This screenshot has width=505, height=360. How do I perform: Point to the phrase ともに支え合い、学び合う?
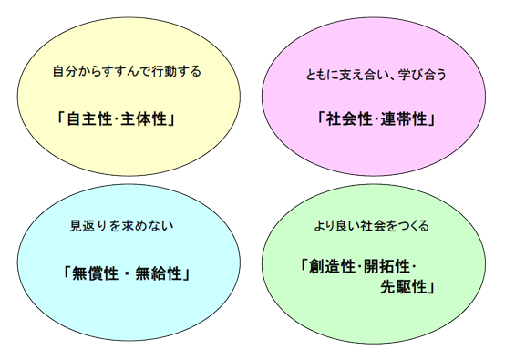click(x=376, y=76)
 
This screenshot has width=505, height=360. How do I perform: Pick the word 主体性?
click(x=146, y=118)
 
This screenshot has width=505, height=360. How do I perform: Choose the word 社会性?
click(x=345, y=118)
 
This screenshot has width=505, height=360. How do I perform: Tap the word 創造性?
click(x=327, y=267)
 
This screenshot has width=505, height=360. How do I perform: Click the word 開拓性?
click(x=386, y=267)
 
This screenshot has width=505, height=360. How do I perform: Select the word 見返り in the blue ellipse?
click(x=87, y=225)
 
